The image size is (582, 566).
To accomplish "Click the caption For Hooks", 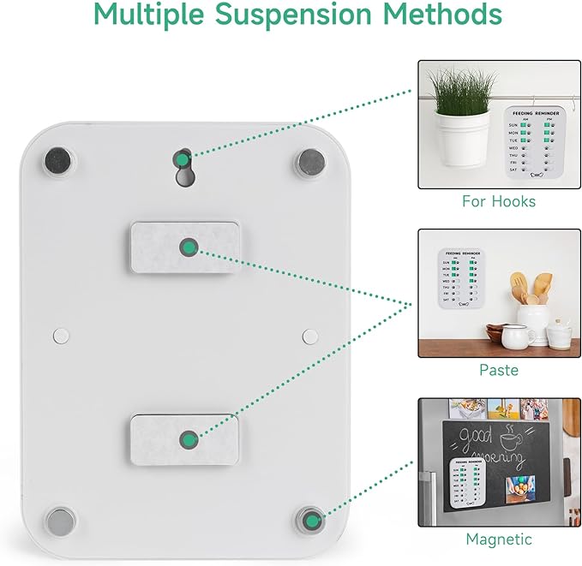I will point(498,201).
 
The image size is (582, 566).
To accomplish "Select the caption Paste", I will point(498,370).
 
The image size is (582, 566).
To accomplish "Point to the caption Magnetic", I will point(498,539).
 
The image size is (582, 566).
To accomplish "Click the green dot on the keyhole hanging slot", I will point(183,158).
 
